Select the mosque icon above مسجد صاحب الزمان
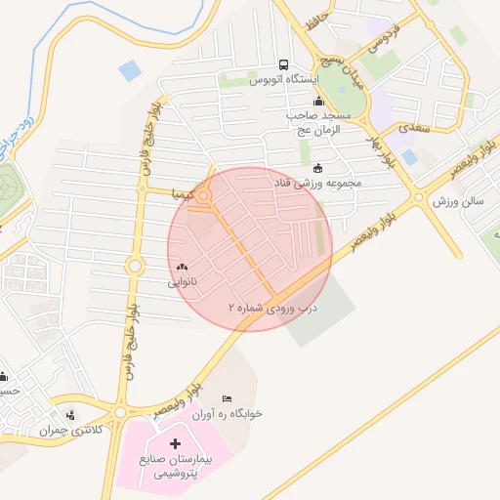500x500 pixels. pyautogui.click(x=317, y=102)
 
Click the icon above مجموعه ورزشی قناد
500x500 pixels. pyautogui.click(x=318, y=167)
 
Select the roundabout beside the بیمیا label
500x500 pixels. pyautogui.click(x=204, y=197)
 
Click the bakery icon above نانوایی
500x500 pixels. pyautogui.click(x=183, y=266)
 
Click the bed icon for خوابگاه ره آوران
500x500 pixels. pyautogui.click(x=228, y=397)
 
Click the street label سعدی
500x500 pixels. pyautogui.click(x=411, y=127)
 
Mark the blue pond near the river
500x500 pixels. pyautogui.click(x=128, y=70)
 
